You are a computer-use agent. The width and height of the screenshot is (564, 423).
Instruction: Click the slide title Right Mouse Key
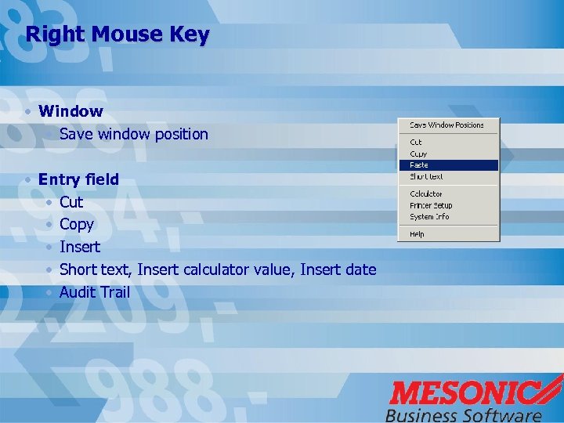coord(117,35)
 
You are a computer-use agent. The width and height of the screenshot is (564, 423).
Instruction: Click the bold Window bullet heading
coord(70,111)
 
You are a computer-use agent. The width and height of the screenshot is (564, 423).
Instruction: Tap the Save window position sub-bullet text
coord(134,134)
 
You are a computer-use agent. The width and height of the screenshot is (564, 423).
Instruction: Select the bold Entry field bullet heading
coord(78,179)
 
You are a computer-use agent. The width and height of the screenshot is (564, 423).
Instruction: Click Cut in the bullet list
coord(71,202)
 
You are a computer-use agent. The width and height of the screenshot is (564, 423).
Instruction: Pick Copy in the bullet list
coord(77,225)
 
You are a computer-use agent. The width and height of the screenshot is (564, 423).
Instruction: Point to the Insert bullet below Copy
coord(80,248)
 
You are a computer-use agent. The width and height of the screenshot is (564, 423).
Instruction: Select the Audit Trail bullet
coord(95,293)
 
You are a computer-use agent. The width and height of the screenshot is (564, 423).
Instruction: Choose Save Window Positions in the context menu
coord(446,125)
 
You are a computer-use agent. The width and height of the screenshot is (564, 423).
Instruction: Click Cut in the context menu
coord(416,143)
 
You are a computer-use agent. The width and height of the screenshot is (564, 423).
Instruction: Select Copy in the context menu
coord(418,154)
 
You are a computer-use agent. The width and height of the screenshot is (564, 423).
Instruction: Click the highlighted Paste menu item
coord(420,165)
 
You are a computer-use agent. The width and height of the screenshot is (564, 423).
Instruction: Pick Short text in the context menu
coord(426,177)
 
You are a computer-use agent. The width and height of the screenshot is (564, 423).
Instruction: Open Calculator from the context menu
coord(426,193)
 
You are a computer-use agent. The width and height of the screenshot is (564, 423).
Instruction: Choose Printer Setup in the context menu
coord(431,205)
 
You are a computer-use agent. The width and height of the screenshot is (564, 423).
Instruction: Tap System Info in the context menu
coord(429,217)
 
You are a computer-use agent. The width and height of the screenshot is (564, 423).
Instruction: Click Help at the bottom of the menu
coord(417,234)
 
